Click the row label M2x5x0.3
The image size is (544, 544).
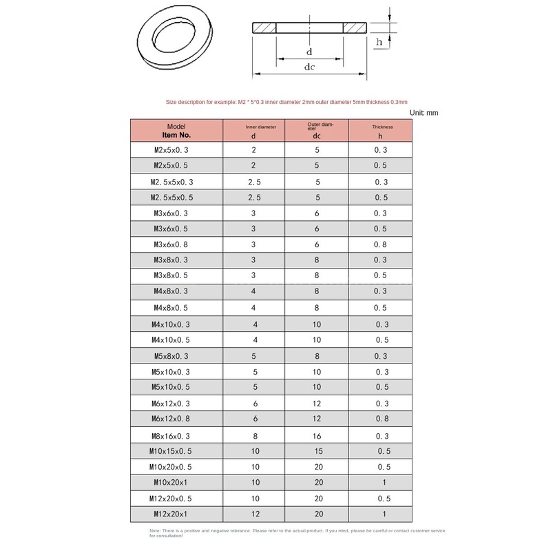point(171,150)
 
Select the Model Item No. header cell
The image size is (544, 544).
point(176,130)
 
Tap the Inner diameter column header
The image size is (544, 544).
point(253,130)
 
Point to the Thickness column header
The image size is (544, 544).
point(380,130)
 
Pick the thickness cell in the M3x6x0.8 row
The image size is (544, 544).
point(380,244)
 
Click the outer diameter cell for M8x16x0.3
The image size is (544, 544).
point(317,436)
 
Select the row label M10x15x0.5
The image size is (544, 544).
point(170,451)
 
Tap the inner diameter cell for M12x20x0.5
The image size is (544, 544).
point(255,499)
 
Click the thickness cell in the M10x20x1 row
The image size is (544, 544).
point(384,482)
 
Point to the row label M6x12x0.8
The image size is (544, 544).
point(171,419)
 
